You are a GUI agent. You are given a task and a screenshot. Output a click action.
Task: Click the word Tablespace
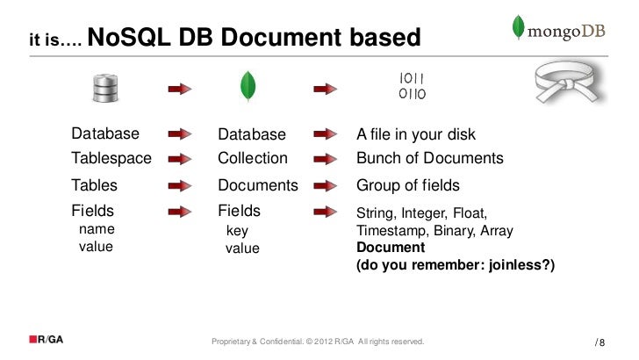[111, 159]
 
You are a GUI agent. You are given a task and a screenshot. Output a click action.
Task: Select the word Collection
[253, 159]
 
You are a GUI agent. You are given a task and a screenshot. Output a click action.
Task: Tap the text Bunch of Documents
[429, 159]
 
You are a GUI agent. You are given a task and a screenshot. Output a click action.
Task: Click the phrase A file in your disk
[415, 134]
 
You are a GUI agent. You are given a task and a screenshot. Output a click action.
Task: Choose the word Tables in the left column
[94, 186]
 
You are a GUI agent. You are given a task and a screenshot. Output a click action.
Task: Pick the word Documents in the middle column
[258, 186]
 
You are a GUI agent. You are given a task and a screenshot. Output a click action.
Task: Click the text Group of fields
[407, 186]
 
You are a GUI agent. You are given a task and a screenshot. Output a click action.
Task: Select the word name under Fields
[97, 229]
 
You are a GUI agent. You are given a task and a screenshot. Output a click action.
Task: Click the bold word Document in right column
[386, 248]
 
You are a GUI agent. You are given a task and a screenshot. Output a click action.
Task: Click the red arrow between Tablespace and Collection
[180, 160]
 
